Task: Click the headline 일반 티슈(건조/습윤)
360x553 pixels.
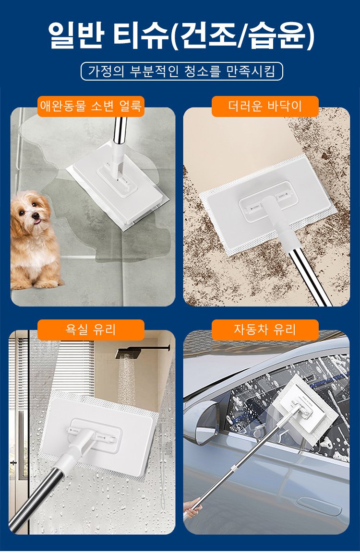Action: click(180, 36)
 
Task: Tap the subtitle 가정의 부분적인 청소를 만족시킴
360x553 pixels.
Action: click(182, 71)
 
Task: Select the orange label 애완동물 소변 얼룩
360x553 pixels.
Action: click(91, 106)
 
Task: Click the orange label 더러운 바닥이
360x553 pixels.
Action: click(265, 106)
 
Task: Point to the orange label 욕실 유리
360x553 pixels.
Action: click(91, 330)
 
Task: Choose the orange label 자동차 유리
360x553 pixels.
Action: click(265, 330)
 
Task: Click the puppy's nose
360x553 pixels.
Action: click(36, 215)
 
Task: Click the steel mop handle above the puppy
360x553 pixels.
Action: click(120, 131)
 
